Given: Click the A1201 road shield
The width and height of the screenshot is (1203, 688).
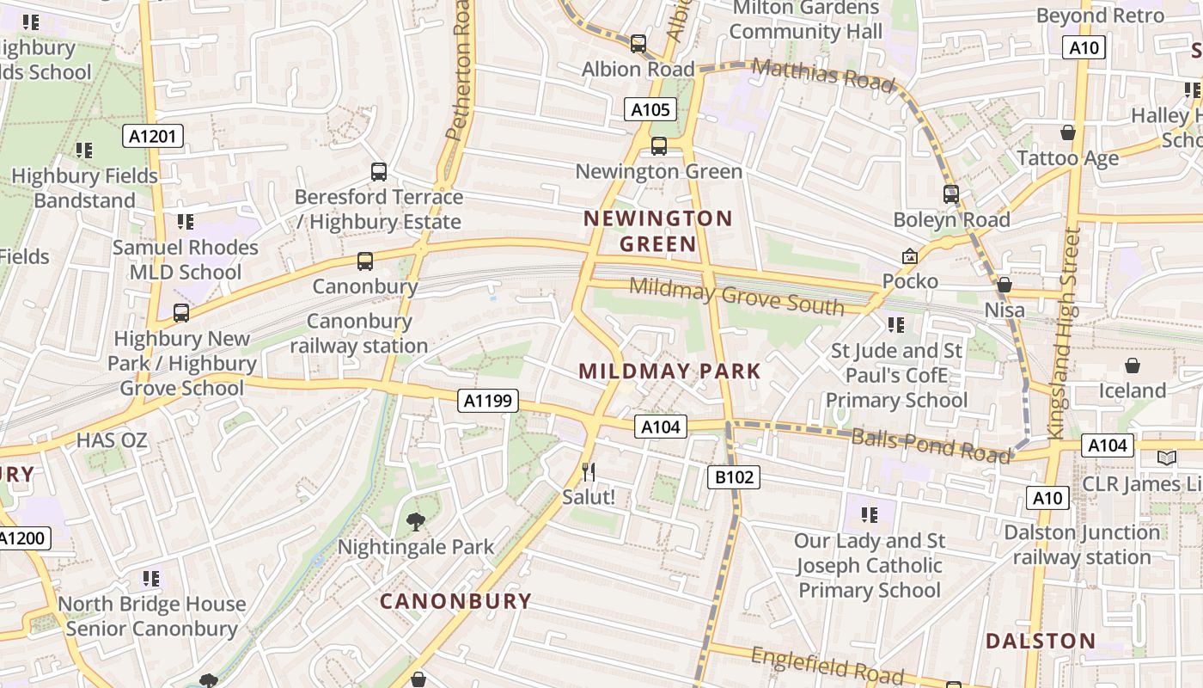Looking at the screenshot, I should pos(153,136).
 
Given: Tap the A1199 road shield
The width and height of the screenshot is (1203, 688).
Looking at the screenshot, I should pos(488,400).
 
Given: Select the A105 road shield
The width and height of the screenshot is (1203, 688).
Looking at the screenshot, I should pos(650,109).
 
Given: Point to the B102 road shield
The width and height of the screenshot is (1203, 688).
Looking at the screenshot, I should pos(734,477).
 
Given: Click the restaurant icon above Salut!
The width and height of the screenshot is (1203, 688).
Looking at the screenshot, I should pos(589,472).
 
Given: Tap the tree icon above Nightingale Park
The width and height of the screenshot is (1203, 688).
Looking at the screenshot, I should pos(416,521).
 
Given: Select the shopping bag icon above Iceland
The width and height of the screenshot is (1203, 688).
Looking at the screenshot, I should pos(1133,365).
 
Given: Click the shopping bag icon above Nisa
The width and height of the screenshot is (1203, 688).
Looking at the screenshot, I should pos(1004,285).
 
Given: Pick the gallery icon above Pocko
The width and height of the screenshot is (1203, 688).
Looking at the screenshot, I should pos(909,256).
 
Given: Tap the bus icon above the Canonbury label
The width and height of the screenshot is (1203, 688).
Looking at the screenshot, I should pos(365,261).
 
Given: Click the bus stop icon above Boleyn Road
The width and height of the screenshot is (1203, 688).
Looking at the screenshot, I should pos(950,194).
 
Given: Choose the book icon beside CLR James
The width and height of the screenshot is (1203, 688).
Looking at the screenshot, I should pos(1166,458).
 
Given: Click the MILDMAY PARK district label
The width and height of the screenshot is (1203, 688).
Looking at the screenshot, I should pos(669,372).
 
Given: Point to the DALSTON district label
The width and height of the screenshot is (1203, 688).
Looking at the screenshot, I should pos(1040,641).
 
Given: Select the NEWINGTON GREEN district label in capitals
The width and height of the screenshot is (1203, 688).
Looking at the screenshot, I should pos(658,231).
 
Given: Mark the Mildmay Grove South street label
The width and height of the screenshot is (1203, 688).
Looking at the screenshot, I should pos(736,296).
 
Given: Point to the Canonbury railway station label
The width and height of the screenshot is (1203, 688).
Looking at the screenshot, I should pos(359,334).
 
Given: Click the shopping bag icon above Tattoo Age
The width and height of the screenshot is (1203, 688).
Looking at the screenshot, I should pos(1068,132).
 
